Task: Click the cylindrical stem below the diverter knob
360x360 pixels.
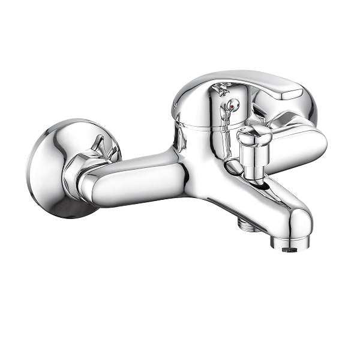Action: point(251,162)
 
